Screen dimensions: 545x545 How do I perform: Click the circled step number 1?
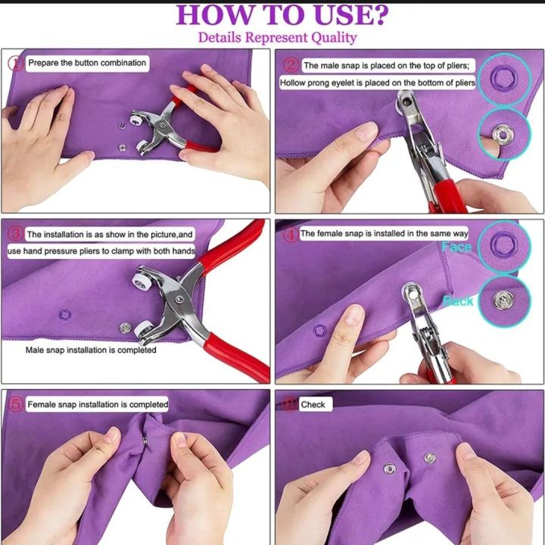tap(15, 64)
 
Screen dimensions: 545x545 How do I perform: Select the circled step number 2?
tap(291, 65)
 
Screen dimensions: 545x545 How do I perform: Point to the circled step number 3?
tap(15, 234)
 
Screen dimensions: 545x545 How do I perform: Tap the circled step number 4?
tap(291, 235)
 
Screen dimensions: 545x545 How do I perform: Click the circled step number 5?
tap(16, 404)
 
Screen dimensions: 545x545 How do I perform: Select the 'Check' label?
tap(313, 404)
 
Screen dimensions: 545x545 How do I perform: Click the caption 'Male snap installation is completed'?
tap(91, 350)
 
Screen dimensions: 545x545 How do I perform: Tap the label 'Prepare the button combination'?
tap(87, 63)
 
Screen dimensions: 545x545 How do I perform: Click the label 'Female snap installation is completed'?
tap(98, 404)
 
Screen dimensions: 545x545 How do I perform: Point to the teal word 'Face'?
tap(456, 247)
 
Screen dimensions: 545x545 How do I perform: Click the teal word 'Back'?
tap(458, 301)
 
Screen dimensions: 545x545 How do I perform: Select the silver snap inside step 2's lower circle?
tap(503, 134)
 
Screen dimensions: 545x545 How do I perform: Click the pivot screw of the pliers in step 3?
tap(179, 300)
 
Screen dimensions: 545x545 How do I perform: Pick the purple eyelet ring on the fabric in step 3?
tap(64, 315)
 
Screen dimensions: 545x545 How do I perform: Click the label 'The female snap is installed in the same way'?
tap(384, 234)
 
